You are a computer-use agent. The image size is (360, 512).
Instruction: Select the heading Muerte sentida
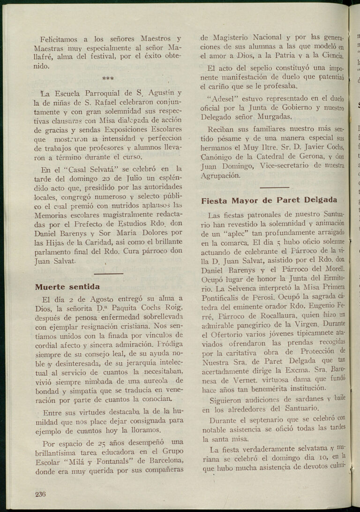(x=67, y=286)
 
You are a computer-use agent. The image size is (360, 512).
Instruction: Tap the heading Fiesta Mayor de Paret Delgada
(x=269, y=200)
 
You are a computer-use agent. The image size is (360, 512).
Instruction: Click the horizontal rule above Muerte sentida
(x=108, y=274)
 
